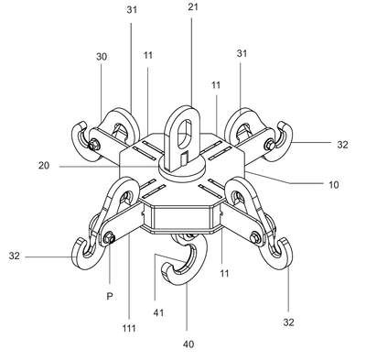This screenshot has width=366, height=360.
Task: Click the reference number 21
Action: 193,6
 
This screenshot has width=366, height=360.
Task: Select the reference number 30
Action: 102,57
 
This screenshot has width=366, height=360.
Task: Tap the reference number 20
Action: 44,166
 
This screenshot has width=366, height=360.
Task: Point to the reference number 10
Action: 334,185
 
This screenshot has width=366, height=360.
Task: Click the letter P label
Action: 110,296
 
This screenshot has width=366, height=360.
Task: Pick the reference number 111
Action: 129,329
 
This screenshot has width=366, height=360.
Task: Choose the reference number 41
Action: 158,312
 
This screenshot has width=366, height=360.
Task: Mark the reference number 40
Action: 188,344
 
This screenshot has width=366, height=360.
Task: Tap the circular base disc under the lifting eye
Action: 182,169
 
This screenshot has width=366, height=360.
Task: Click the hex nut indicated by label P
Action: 109,238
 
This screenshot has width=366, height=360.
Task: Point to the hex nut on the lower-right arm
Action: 255,238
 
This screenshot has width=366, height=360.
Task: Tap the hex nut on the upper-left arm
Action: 92,145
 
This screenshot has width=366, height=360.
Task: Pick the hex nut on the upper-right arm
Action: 270,144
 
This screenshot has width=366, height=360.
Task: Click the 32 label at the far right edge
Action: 343,145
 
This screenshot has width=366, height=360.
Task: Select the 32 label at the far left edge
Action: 14,256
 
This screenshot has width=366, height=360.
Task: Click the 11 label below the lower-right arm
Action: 224,274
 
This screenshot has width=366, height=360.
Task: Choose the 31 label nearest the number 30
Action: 132,10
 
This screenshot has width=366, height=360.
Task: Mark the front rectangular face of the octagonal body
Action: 182,217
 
